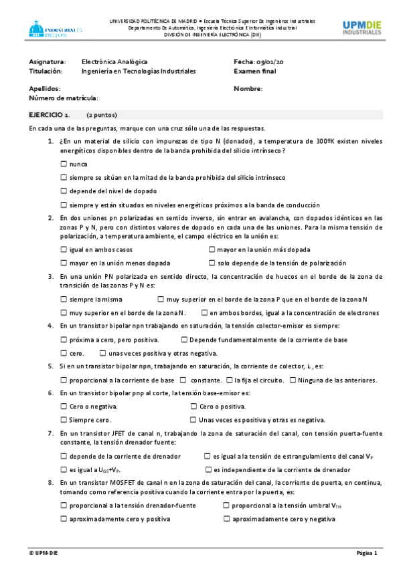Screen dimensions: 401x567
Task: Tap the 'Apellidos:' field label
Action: (45, 88)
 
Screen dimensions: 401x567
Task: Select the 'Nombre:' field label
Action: (248, 88)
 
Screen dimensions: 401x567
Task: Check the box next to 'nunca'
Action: (64, 164)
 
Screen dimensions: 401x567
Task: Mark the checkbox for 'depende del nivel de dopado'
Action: (64, 191)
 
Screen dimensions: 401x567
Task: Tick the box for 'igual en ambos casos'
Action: (64, 249)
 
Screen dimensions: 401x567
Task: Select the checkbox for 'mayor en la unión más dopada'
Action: (212, 249)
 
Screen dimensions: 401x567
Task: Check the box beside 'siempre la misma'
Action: (64, 300)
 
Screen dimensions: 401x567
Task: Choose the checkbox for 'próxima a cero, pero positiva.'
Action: (64, 340)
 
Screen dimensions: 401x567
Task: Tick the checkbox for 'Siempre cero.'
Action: (64, 420)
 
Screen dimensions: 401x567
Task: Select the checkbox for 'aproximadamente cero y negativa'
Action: (226, 518)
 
